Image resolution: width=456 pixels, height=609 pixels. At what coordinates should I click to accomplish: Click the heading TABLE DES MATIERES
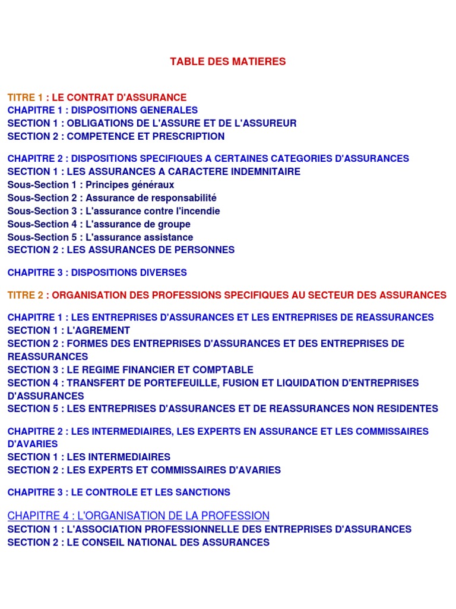coord(227,61)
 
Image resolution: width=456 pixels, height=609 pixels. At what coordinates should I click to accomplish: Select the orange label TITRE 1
coord(25,98)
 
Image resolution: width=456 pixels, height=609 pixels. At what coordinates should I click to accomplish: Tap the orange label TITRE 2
coord(25,295)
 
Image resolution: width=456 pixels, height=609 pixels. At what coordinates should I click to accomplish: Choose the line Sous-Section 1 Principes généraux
coord(91,185)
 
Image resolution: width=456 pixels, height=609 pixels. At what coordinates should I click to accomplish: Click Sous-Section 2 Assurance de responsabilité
coord(112,198)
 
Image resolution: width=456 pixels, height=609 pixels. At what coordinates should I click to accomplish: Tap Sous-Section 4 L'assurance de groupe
coord(99,224)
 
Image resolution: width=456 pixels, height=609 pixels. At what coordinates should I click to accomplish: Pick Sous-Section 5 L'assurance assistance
coord(100,237)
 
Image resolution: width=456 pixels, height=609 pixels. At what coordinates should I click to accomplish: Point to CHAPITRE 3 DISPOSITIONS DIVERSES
coord(97,273)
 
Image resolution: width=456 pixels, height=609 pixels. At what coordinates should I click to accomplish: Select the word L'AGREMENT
coord(99,331)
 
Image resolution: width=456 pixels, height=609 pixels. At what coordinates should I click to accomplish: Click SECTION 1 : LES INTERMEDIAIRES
coord(88,457)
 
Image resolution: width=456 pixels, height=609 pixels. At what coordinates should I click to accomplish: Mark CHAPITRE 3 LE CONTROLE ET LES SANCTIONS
coord(119,492)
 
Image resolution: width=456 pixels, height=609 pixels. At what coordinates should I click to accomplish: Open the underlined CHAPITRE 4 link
coord(138,516)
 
